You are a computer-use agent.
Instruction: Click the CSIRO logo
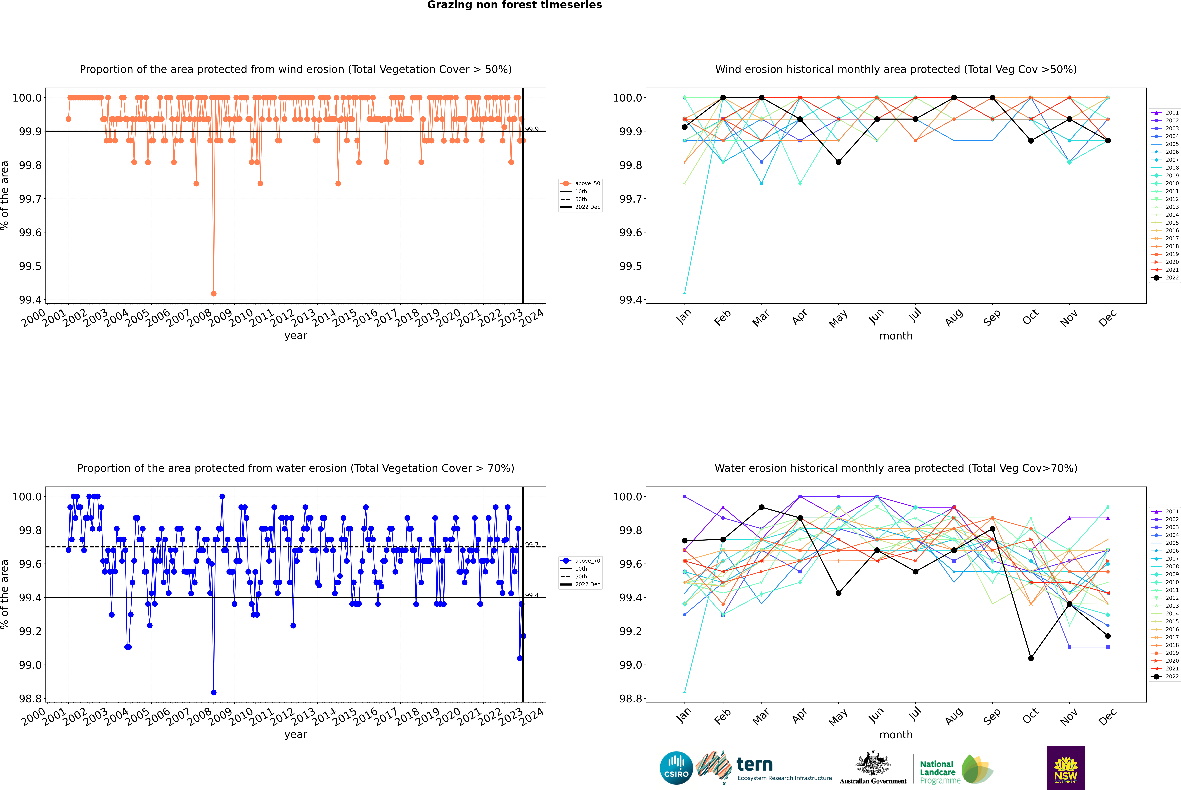point(676,768)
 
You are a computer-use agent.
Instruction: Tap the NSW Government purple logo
point(1066,768)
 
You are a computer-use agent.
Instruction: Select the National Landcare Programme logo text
point(937,772)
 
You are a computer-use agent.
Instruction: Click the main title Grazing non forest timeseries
point(514,5)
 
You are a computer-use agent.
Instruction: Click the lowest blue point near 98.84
point(213,692)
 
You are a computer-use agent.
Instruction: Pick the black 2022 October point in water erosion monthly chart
point(1031,658)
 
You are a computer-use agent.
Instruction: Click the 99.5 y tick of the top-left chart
point(30,266)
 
